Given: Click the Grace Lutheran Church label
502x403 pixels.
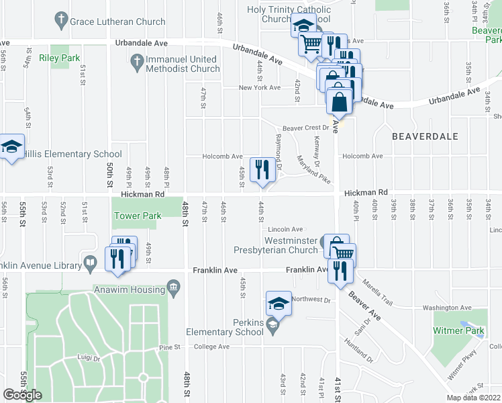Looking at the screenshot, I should pyautogui.click(x=117, y=21).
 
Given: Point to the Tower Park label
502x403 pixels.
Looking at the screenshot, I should pyautogui.click(x=138, y=216).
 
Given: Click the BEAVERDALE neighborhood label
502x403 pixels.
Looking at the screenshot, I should pyautogui.click(x=425, y=136).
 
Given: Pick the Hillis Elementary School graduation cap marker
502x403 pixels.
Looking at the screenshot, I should pyautogui.click(x=11, y=148).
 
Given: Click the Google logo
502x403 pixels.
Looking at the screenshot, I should pyautogui.click(x=22, y=395).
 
